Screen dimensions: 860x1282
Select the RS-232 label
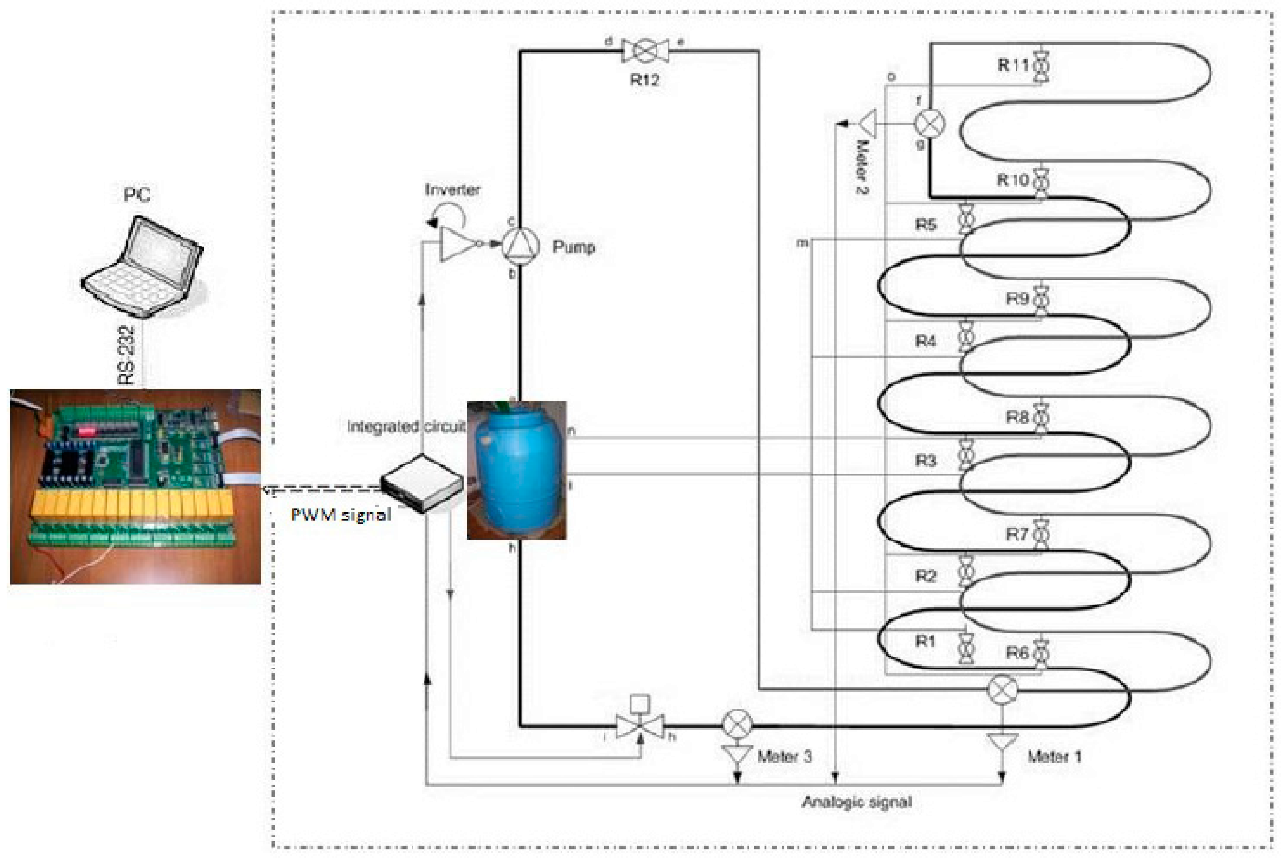coord(126,355)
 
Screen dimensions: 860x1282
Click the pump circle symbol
coord(520,246)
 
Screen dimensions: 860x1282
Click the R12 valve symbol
coord(645,51)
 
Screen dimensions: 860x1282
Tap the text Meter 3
coord(784,757)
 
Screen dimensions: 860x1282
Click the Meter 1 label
coord(1054,757)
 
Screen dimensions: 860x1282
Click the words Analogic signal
coord(856,802)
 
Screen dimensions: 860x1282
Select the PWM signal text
coord(341,514)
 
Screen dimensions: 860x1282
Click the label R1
coord(925,641)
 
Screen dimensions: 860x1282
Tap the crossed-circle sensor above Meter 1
coord(1002,690)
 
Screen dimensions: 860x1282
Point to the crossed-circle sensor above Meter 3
coord(737,724)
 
